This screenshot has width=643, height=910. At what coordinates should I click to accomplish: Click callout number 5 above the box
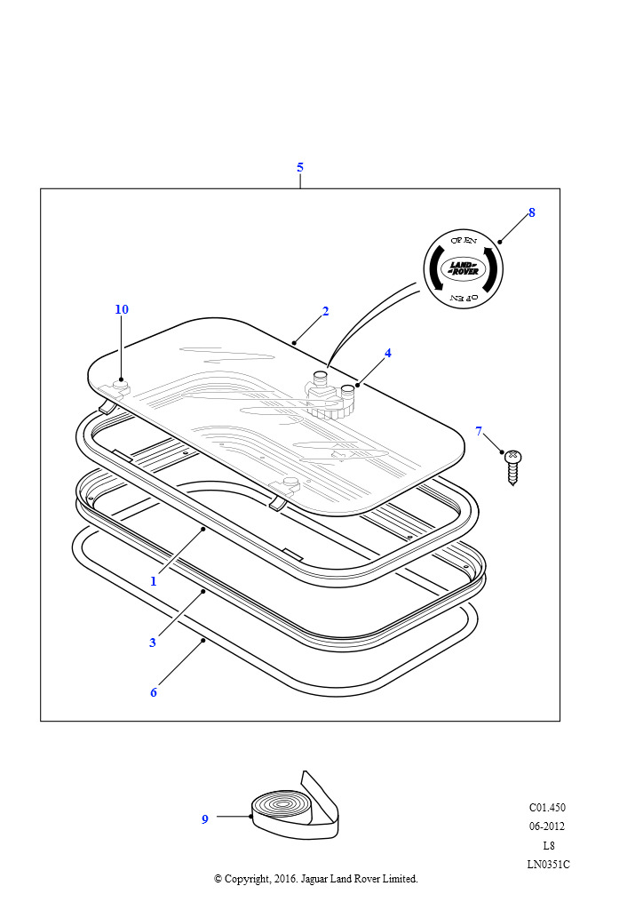coord(300,168)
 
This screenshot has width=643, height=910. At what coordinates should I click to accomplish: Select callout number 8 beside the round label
coord(532,213)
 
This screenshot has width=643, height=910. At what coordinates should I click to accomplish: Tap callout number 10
coord(122,309)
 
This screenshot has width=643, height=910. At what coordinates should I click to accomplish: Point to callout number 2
coord(325,312)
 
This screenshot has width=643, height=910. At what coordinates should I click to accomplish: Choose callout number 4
coord(388,353)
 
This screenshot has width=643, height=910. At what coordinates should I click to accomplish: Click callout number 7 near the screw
coord(479,431)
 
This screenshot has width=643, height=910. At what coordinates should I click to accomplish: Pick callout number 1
coord(154,581)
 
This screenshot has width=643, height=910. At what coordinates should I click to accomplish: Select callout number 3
coord(153,643)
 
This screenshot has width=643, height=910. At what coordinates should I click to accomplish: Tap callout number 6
coord(154,692)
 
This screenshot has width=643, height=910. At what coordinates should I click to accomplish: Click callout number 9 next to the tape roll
coord(204,819)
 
